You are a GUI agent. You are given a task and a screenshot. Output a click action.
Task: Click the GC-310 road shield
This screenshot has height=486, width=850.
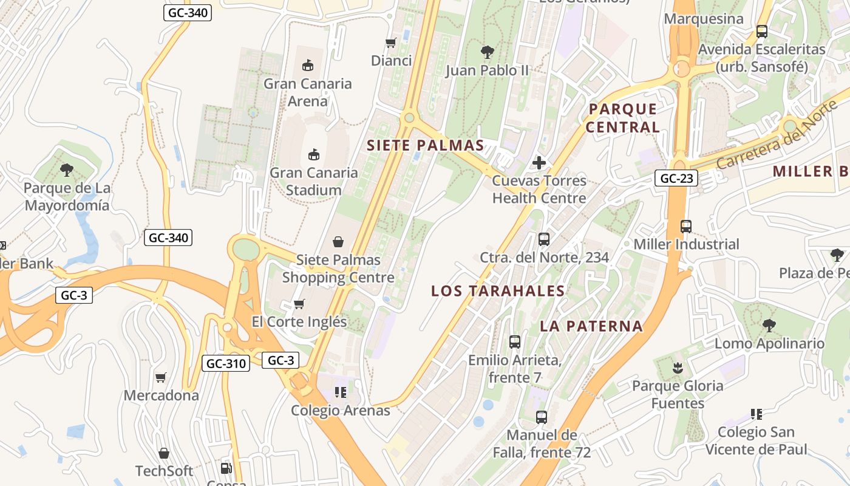[226, 363]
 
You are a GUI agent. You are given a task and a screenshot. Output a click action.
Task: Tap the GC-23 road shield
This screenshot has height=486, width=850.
[676, 178]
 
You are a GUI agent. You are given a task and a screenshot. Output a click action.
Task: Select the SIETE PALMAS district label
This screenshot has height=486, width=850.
[425, 145]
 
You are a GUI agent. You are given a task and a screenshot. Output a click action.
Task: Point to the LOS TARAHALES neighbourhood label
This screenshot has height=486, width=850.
[498, 291]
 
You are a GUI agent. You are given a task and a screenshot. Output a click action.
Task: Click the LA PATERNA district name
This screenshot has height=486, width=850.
[591, 326]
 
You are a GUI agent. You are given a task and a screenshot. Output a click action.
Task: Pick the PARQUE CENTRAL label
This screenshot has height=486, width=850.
[622, 118]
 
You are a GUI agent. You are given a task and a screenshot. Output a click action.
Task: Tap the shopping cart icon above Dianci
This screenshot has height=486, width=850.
[391, 43]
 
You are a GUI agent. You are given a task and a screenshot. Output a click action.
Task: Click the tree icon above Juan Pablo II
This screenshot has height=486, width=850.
[487, 52]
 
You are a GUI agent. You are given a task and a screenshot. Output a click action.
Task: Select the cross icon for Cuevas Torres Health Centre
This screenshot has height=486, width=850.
[539, 162]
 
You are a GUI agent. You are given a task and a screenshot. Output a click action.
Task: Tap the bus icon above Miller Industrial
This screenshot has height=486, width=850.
[686, 226]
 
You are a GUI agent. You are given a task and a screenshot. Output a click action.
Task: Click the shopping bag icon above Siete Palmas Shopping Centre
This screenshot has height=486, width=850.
[338, 242]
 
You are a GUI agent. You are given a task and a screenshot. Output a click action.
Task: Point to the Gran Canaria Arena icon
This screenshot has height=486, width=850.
[308, 65]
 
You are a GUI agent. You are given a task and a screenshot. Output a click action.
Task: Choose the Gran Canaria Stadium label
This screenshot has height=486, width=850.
[313, 181]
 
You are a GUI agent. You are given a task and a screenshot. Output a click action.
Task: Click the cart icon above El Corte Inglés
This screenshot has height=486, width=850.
[299, 304]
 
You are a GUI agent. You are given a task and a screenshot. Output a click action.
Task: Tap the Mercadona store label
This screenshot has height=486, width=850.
[161, 395]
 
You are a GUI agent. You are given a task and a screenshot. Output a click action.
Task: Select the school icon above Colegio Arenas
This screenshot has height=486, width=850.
[340, 392]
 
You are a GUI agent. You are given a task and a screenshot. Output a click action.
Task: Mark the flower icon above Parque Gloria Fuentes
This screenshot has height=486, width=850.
[677, 368]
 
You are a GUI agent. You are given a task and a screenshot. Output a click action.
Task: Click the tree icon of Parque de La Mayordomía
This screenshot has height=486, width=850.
[67, 170]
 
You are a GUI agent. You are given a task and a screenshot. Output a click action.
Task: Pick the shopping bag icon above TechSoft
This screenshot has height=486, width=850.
[163, 453]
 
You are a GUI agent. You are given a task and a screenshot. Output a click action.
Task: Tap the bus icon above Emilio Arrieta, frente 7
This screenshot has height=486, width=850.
[515, 342]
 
